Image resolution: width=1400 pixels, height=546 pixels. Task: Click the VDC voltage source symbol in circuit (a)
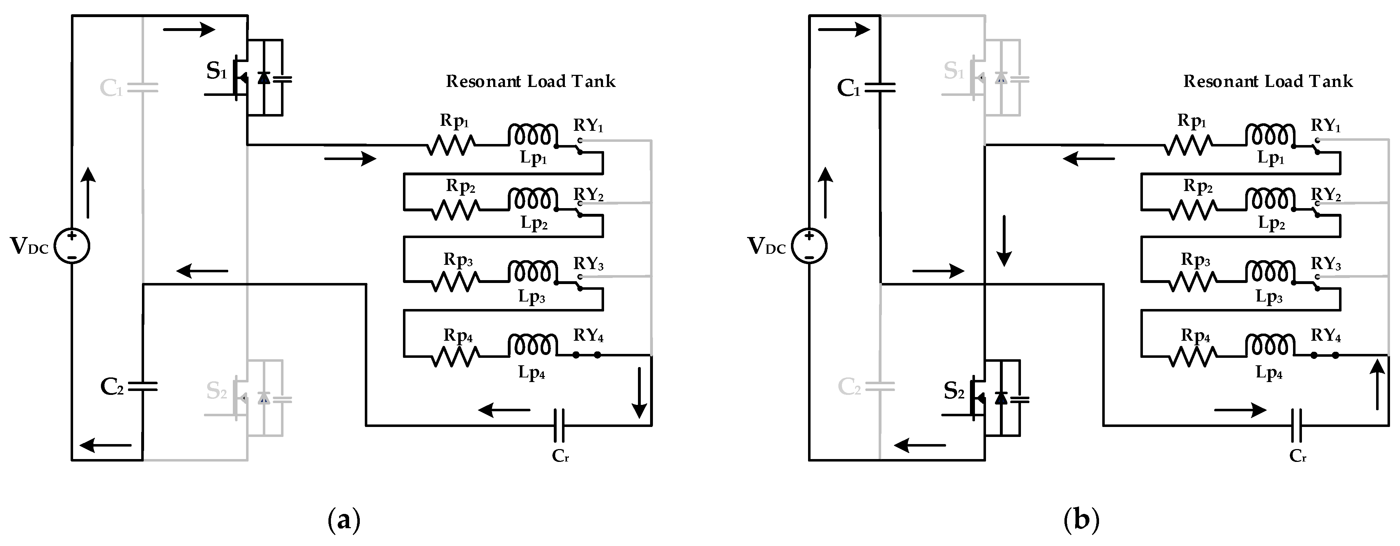72,246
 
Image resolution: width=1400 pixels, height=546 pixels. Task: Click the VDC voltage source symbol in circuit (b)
809,246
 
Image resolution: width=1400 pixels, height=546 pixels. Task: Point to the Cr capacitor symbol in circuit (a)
559,426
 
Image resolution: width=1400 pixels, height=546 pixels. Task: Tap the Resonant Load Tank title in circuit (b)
1268,82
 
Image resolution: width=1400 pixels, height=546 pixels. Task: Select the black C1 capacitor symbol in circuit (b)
879,87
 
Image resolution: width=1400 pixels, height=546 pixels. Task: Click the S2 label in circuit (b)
954,391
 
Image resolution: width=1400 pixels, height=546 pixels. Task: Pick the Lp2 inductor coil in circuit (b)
1270,199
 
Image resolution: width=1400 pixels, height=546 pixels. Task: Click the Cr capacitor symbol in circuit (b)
1297,426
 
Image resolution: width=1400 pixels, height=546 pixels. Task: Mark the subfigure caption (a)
344,520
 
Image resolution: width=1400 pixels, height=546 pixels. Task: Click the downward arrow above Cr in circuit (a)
640,392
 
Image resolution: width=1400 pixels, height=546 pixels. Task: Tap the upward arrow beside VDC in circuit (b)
825,193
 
